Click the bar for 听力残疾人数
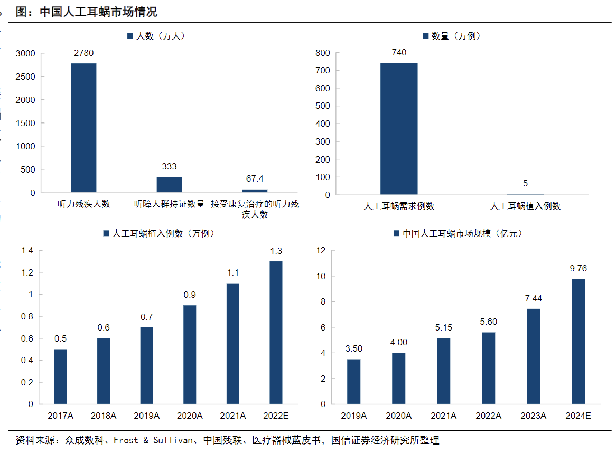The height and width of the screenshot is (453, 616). click(83, 128)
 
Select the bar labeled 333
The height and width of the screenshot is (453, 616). click(169, 184)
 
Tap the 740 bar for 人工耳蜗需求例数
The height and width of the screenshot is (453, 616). click(399, 129)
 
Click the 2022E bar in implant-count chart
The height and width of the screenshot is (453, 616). click(276, 333)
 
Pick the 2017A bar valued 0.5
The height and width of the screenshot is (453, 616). click(60, 376)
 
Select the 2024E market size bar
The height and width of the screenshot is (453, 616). click(578, 341)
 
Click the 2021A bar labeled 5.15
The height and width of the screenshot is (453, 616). click(443, 371)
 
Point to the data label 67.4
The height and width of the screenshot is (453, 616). click(255, 178)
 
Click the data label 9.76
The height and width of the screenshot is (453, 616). click(578, 269)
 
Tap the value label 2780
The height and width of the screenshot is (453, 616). click(83, 53)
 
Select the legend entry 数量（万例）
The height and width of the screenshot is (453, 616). click(452, 36)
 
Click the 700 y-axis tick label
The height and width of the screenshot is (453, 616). click(322, 71)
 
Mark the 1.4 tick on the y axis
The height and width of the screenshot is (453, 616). click(27, 250)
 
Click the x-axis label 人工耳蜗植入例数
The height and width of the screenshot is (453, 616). click(525, 206)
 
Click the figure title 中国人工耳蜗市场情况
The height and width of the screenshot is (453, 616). click(99, 12)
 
